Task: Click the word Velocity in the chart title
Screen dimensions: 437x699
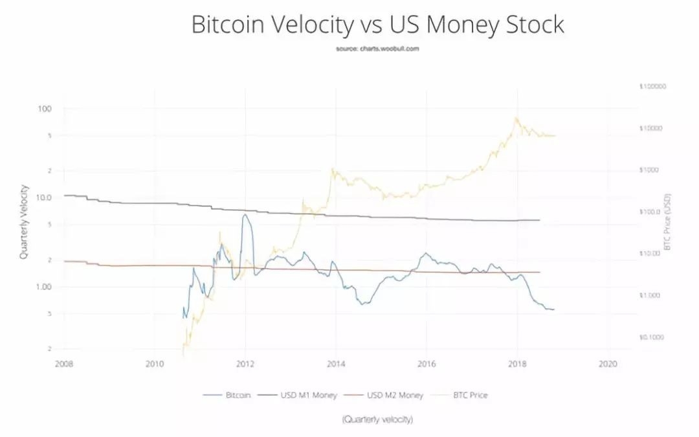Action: point(309,25)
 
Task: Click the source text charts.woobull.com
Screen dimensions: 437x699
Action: point(377,49)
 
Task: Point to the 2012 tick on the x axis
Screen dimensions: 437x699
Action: point(245,364)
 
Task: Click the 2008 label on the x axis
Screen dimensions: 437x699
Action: point(64,364)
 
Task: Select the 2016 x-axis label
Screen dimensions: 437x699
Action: point(426,364)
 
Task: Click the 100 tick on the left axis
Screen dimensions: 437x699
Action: point(45,108)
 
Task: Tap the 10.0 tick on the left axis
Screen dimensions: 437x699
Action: point(43,197)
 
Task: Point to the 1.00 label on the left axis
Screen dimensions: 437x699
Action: point(43,286)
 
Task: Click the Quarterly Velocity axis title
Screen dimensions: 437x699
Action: point(23,222)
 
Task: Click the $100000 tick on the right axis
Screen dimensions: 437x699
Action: point(652,86)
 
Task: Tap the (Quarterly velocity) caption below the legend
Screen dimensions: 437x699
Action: point(377,420)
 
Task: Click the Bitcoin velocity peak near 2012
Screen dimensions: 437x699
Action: point(245,215)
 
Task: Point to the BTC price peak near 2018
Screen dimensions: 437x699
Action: point(516,118)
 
